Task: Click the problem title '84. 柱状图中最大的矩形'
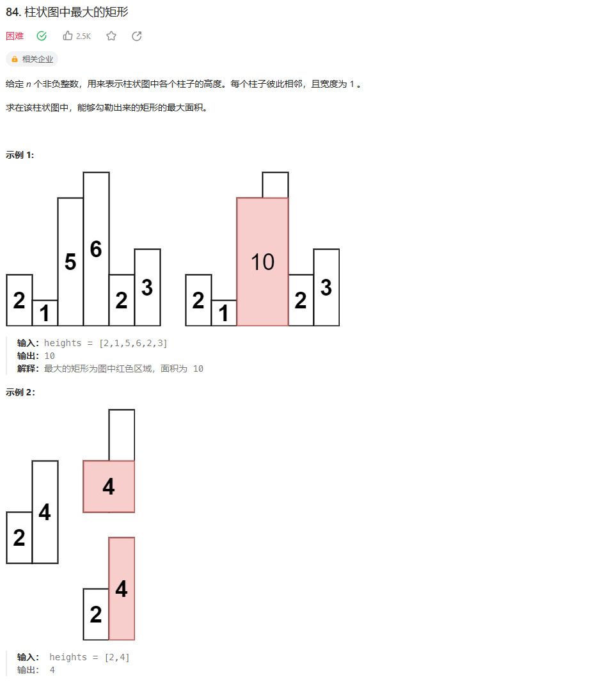click(x=67, y=12)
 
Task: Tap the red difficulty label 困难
click(x=15, y=36)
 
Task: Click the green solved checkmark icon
click(x=42, y=36)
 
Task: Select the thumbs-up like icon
click(x=68, y=36)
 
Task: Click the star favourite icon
click(x=111, y=36)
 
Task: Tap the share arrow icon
click(x=136, y=36)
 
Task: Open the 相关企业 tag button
click(x=32, y=59)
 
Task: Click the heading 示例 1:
click(x=20, y=155)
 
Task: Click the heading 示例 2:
click(x=20, y=392)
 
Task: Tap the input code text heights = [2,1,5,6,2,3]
click(x=106, y=344)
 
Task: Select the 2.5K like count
click(x=83, y=36)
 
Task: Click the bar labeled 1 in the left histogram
click(x=45, y=313)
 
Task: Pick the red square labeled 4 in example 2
click(x=109, y=486)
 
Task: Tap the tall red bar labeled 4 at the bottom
click(x=122, y=589)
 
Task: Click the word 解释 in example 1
click(x=28, y=369)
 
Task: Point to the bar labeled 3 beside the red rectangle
click(x=326, y=287)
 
